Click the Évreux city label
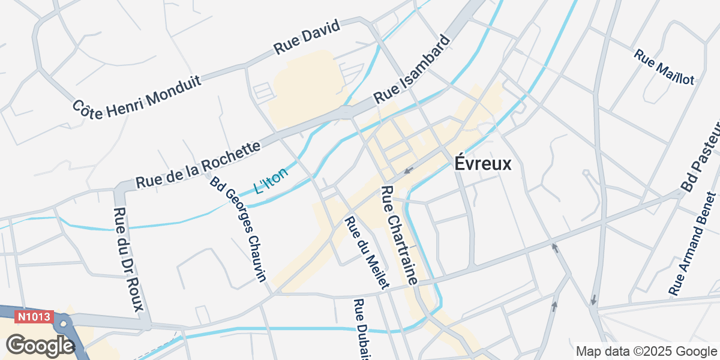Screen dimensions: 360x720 (483, 163)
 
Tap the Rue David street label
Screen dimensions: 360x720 (307, 37)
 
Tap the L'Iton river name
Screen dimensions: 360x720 (271, 181)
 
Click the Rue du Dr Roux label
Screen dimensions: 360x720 (128, 259)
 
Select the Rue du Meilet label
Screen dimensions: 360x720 (367, 252)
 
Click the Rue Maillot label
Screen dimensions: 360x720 (664, 67)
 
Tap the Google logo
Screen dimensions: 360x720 (40, 346)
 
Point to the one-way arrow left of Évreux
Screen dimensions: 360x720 (408, 170)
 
